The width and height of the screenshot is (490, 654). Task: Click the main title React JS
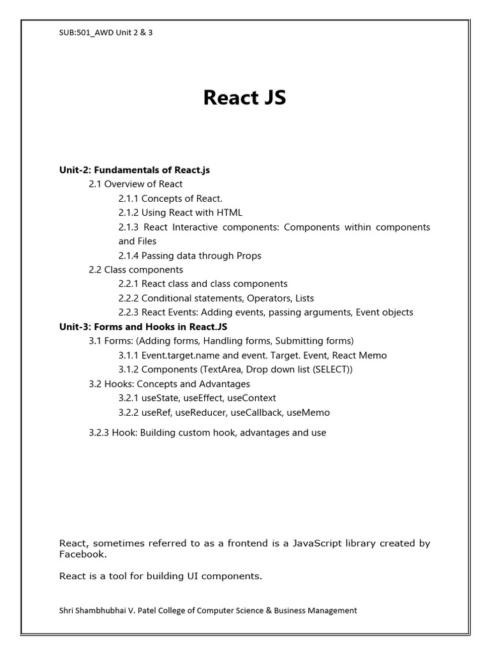tap(244, 98)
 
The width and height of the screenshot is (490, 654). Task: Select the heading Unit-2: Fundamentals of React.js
tap(135, 170)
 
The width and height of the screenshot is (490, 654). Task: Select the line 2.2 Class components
tap(136, 270)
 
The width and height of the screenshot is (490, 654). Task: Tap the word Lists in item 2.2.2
tap(302, 298)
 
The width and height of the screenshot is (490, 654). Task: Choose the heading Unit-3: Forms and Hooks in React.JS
tap(144, 326)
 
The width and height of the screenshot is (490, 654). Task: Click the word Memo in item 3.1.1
tap(373, 355)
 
